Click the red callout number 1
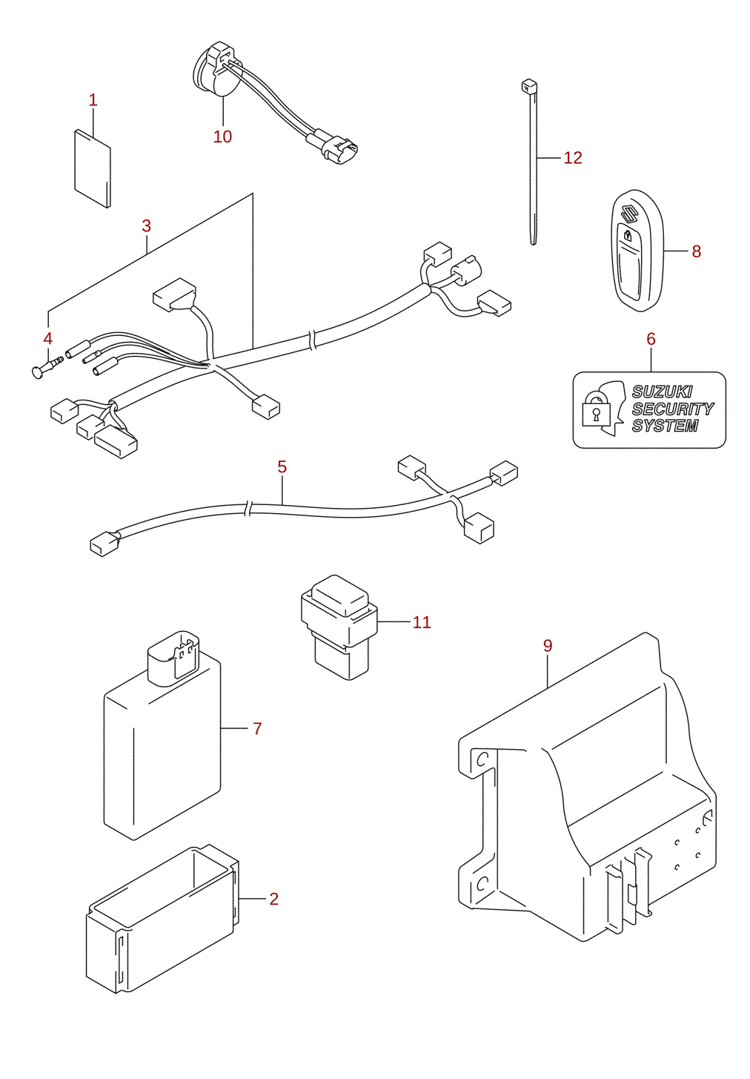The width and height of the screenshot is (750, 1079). click(93, 100)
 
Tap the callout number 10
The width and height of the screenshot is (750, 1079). click(222, 136)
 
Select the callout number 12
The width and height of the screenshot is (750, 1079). click(573, 158)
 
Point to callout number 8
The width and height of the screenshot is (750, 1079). click(696, 251)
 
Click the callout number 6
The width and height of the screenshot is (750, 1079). click(651, 339)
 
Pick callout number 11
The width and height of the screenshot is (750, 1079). click(422, 622)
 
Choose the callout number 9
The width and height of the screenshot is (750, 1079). click(548, 645)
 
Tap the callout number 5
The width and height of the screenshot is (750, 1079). click(282, 466)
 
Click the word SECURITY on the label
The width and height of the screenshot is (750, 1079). click(672, 409)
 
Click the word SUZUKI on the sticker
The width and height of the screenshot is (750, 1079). click(662, 392)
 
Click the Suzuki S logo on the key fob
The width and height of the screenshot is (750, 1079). click(628, 214)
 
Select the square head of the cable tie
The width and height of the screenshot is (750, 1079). click(528, 87)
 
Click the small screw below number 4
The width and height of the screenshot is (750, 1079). click(47, 366)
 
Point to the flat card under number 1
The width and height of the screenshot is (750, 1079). click(93, 168)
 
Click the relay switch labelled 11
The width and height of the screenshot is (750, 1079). click(339, 627)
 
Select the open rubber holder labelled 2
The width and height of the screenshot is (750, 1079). click(162, 920)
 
